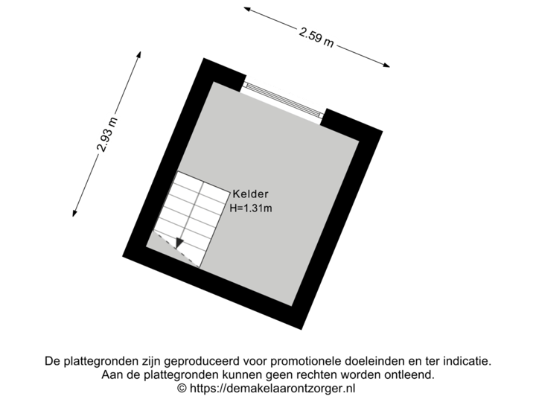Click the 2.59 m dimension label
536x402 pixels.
[x=316, y=38]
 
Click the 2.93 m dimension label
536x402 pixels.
[x=107, y=135]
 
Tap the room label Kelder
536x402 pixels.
[x=251, y=194]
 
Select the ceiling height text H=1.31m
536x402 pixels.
[x=251, y=208]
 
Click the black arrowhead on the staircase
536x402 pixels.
[x=179, y=243]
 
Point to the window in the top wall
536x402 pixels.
[x=284, y=100]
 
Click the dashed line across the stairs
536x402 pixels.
[x=176, y=249]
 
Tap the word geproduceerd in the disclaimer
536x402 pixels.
[x=201, y=361]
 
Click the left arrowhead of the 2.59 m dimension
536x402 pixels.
[x=247, y=9]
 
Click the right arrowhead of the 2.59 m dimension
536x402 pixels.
[x=386, y=65]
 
